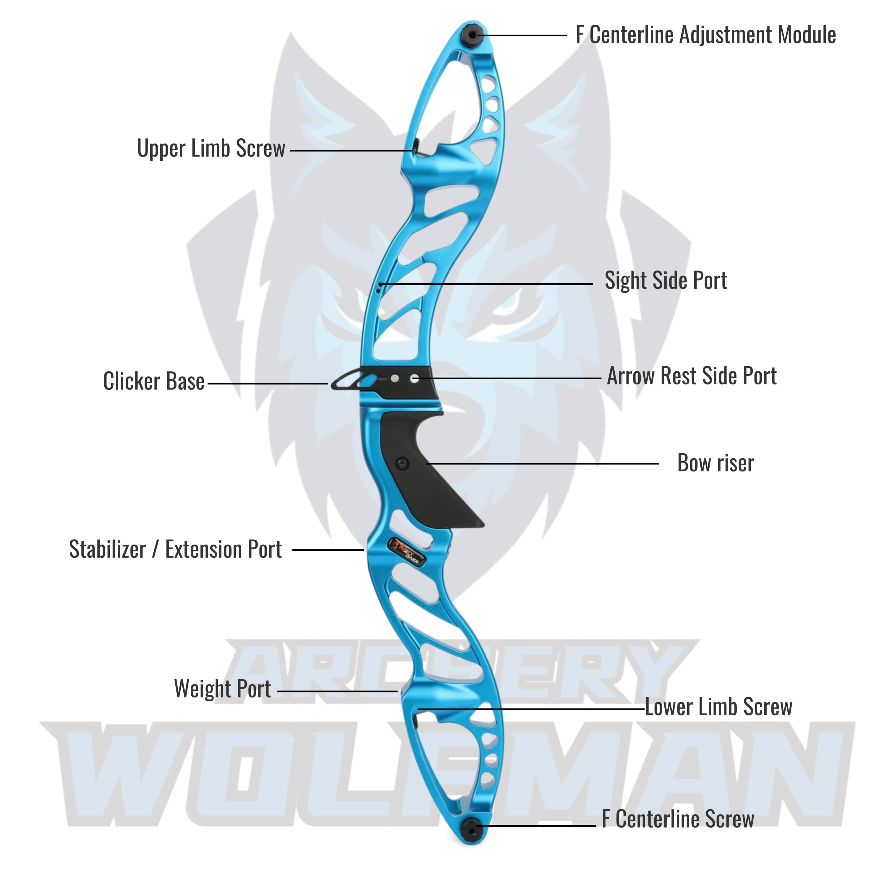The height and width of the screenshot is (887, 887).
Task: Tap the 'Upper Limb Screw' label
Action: [211, 149]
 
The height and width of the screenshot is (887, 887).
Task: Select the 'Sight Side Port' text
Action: [666, 281]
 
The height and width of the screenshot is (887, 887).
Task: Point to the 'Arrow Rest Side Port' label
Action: [692, 376]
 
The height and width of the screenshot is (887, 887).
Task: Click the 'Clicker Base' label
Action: [153, 381]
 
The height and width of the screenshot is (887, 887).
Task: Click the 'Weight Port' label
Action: [222, 689]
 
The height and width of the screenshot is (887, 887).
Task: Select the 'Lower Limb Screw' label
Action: [718, 707]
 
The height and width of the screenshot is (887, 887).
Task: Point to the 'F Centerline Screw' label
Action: [678, 819]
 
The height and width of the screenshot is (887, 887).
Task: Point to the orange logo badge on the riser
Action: [407, 548]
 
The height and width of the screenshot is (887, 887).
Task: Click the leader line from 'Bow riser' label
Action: [542, 464]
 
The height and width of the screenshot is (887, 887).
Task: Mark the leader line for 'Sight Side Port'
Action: [487, 284]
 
